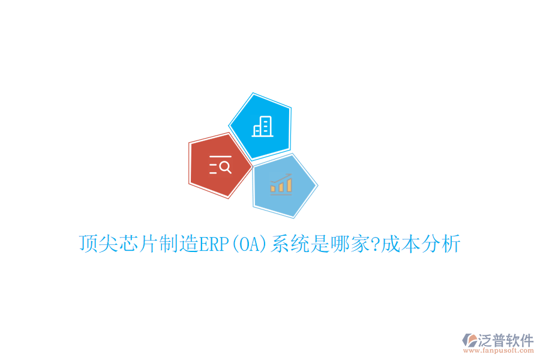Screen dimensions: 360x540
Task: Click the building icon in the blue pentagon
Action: click(x=262, y=126)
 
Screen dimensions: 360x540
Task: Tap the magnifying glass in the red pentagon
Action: click(x=225, y=167)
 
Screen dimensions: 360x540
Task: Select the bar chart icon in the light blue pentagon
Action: click(x=281, y=185)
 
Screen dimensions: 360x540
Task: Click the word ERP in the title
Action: click(x=213, y=245)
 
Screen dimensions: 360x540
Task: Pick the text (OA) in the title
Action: click(x=249, y=245)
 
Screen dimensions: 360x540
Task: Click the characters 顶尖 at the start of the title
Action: click(x=97, y=245)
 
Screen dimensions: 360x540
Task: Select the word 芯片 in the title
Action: click(x=136, y=245)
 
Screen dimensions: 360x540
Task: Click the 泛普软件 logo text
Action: click(x=505, y=340)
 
